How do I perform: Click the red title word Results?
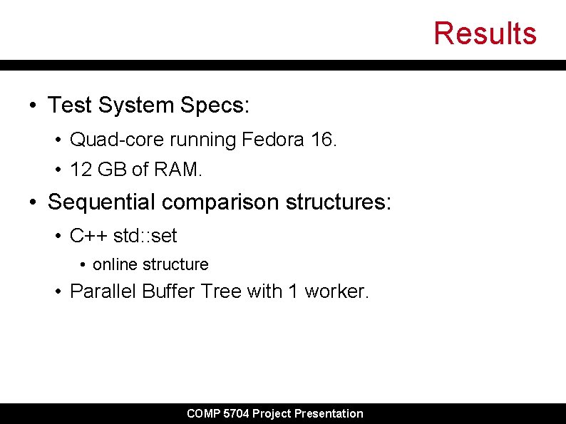coord(485,33)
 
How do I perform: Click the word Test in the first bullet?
coord(70,105)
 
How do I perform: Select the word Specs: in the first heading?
coord(215,106)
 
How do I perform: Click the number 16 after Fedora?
coord(321,140)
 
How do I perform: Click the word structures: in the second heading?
coord(339,202)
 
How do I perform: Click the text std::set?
coord(145,235)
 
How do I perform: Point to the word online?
coord(115,264)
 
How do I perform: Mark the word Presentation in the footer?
coord(329,413)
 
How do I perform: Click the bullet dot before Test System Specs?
coord(34,106)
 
